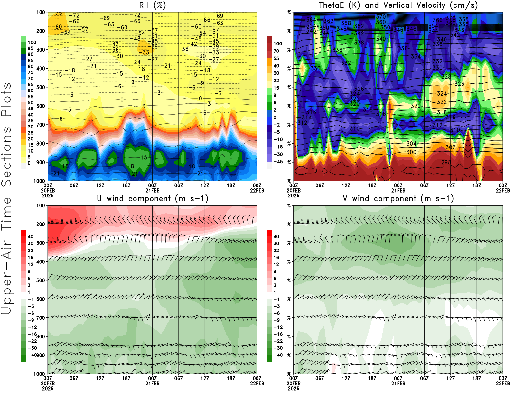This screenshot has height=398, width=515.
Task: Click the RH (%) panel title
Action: [153, 5]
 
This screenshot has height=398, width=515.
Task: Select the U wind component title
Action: [153, 198]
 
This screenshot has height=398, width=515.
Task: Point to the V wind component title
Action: [398, 198]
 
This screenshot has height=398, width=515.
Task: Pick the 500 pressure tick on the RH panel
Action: [41, 87]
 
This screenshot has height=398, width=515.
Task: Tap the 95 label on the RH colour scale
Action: [31, 48]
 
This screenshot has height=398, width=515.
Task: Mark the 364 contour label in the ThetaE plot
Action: [311, 20]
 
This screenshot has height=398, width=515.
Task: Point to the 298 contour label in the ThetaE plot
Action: [446, 162]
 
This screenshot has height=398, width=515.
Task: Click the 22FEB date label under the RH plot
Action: [257, 190]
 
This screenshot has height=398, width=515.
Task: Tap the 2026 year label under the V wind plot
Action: [294, 388]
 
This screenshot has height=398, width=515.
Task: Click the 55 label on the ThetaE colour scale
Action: [276, 58]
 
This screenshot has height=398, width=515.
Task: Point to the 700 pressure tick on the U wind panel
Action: [41, 318]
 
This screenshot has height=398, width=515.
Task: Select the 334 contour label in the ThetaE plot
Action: [416, 56]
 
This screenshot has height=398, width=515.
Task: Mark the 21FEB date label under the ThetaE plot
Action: [398, 190]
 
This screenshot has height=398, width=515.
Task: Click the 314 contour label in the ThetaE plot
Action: [306, 117]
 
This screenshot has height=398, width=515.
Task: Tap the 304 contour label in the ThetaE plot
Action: [411, 144]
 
